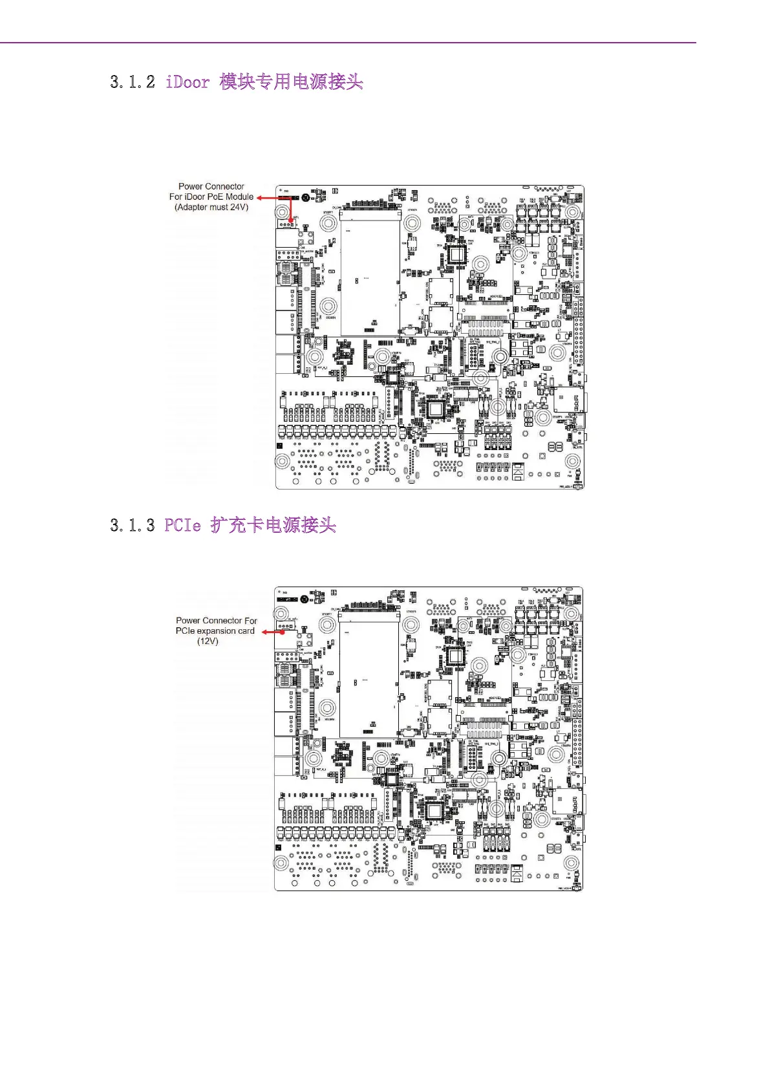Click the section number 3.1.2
coord(133,82)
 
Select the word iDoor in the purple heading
coord(187,82)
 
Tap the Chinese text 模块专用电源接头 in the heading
coord(291,82)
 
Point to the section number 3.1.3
coord(133,525)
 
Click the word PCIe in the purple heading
coord(182,525)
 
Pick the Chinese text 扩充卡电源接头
coord(273,525)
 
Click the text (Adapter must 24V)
coord(211,208)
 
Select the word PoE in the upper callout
coord(214,197)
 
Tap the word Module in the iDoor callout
coord(239,197)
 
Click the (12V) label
coord(208,642)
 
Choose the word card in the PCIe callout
coord(246,631)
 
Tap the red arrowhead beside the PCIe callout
coord(265,632)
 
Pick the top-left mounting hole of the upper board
coord(283,212)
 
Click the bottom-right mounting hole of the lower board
coord(570,863)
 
